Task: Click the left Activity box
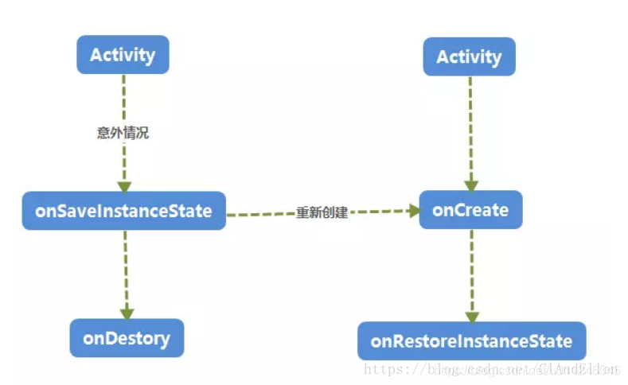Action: click(x=123, y=55)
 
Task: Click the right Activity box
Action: click(x=469, y=56)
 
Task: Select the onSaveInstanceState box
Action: click(x=123, y=211)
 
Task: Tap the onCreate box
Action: click(x=470, y=210)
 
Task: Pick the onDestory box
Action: click(x=127, y=338)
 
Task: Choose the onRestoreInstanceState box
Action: click(x=471, y=341)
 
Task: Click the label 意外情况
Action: click(x=123, y=133)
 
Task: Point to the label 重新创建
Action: click(x=322, y=212)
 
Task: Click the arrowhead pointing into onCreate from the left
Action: click(x=413, y=210)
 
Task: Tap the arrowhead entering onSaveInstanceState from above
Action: click(x=123, y=185)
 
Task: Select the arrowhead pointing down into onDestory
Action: click(x=127, y=313)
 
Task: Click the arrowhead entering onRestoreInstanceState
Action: click(x=471, y=316)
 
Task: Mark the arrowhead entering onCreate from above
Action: click(x=470, y=185)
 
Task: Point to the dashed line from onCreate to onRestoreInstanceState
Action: click(x=471, y=270)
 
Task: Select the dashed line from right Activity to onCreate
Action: click(x=470, y=127)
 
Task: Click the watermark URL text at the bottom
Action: click(x=490, y=369)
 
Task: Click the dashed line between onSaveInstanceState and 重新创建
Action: click(x=259, y=212)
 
